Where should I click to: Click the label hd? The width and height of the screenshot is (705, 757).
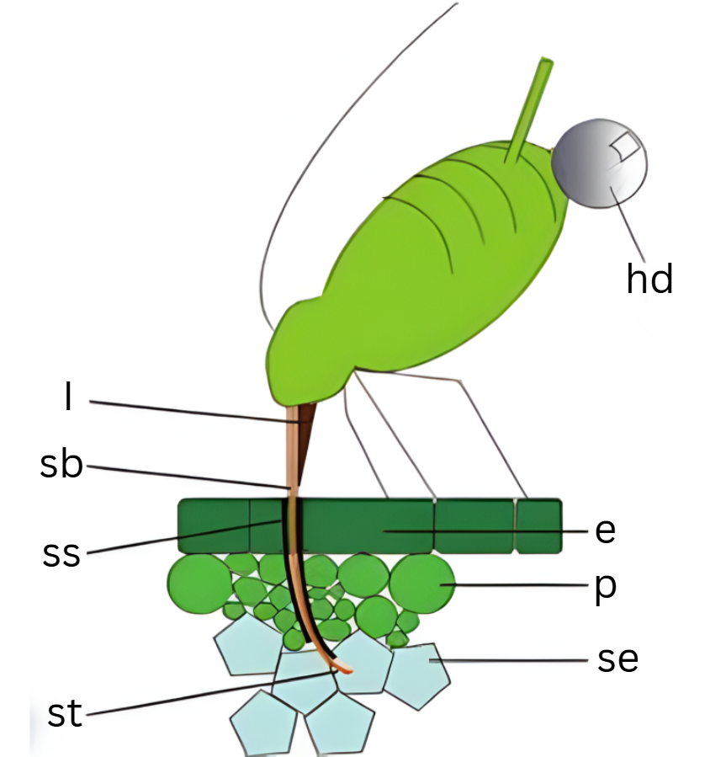(x=649, y=278)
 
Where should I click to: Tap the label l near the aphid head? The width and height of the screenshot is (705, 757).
(x=67, y=398)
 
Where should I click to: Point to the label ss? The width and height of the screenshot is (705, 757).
(x=61, y=553)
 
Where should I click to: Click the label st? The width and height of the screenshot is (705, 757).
(x=65, y=714)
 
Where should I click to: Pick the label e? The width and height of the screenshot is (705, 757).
(x=605, y=530)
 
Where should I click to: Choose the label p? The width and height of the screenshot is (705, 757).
(x=604, y=588)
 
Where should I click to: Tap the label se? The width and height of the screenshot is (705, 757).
(x=618, y=660)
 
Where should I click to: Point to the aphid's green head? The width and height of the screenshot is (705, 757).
(x=303, y=354)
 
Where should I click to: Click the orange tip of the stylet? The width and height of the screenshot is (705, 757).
(x=345, y=671)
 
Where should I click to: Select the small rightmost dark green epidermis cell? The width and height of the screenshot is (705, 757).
(x=538, y=526)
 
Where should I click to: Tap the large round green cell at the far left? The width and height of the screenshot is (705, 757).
(x=199, y=583)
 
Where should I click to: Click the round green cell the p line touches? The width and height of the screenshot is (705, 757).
(x=421, y=584)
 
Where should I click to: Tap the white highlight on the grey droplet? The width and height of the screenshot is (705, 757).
(x=627, y=147)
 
